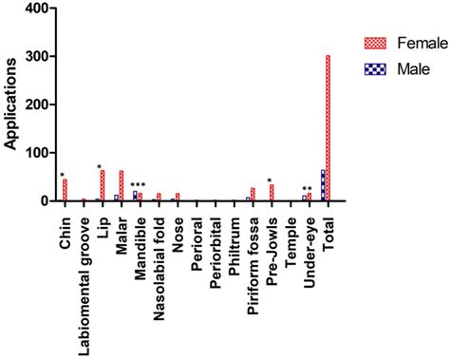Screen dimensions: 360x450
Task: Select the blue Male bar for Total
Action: [323, 185]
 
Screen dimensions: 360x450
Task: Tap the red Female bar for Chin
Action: [65, 190]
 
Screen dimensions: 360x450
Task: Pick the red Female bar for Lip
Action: [102, 185]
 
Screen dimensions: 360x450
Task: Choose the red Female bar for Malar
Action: [121, 186]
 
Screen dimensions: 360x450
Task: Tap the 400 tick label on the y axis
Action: [35, 9]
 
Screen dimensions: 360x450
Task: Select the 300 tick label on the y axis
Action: [35, 57]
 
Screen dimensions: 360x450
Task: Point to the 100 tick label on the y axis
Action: [35, 153]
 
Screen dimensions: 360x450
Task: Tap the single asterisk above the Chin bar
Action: [62, 175]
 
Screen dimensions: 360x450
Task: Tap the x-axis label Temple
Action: [291, 238]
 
